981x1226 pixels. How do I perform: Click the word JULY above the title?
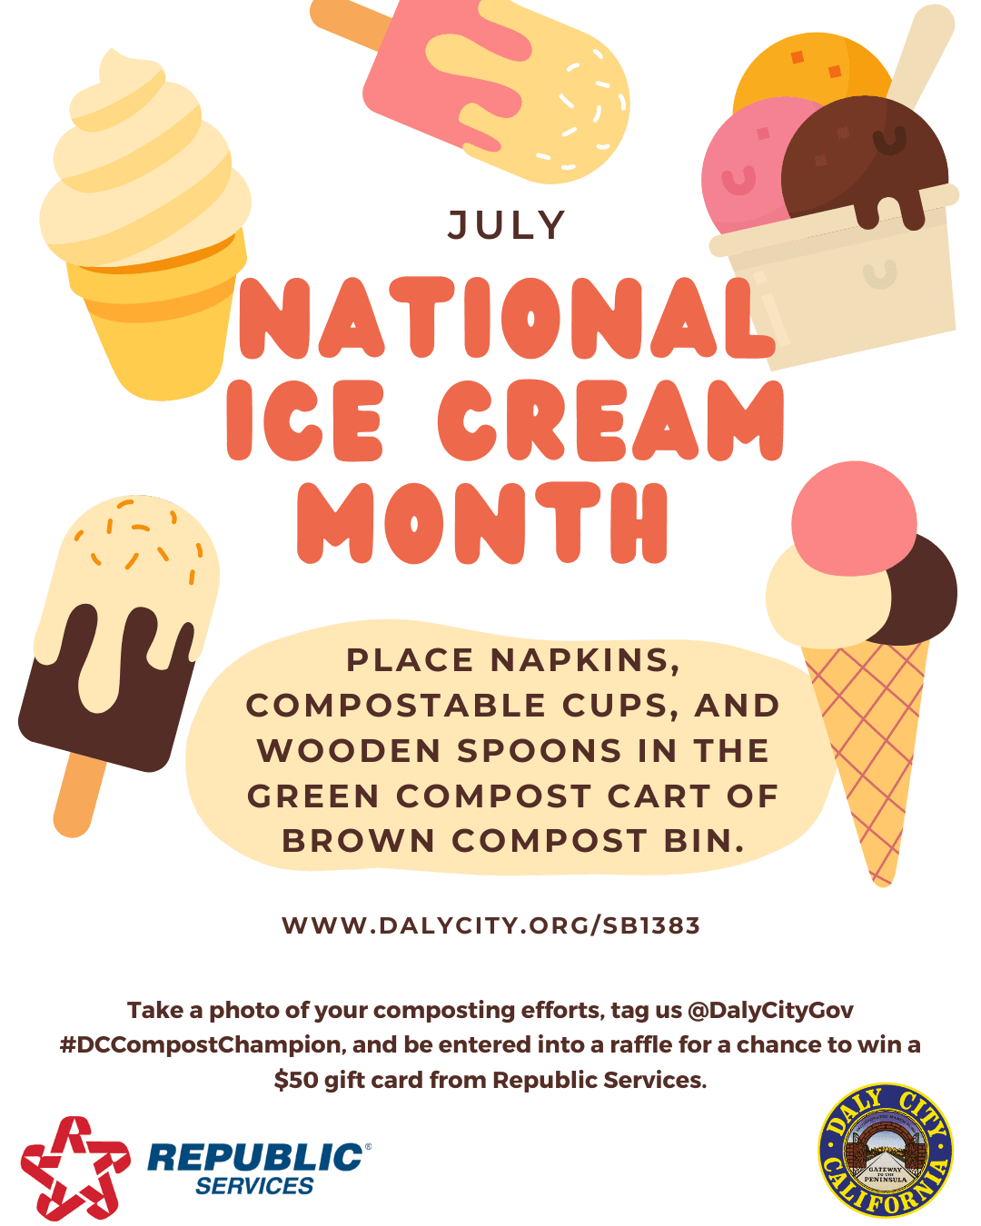(x=507, y=225)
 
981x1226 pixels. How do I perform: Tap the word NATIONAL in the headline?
(x=505, y=319)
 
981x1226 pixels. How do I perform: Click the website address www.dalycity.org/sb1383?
(x=490, y=925)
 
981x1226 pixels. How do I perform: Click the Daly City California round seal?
(x=886, y=1150)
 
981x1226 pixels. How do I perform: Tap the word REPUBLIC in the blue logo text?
(x=255, y=1157)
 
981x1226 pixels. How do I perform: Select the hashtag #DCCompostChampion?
(x=201, y=1044)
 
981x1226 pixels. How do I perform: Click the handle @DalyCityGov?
(x=770, y=1010)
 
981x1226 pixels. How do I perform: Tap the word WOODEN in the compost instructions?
(x=350, y=751)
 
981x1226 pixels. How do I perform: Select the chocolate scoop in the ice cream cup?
(x=863, y=159)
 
